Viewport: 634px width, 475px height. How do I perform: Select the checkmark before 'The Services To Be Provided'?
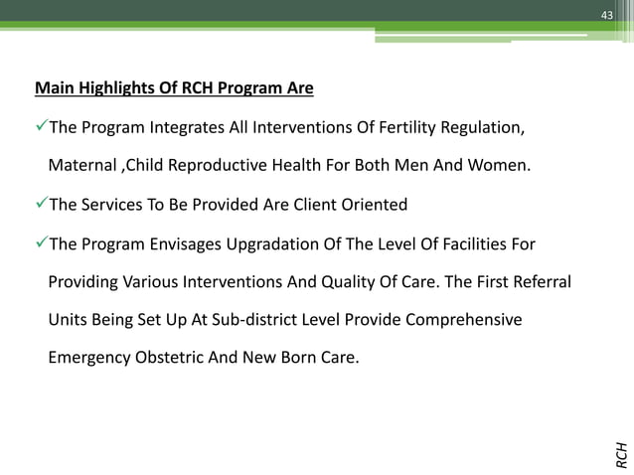coord(41,206)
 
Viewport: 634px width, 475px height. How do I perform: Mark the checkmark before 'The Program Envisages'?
coord(41,244)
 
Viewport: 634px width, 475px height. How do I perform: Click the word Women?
coord(500,167)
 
